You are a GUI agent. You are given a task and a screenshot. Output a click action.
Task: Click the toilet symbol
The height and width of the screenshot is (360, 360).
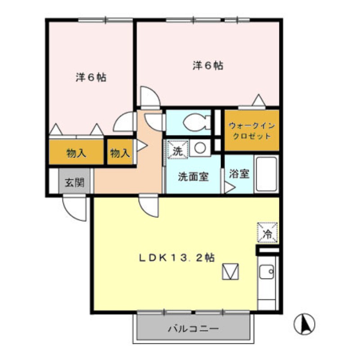pyautogui.click(x=197, y=123)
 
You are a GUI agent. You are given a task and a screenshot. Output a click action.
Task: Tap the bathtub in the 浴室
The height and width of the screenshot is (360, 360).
pyautogui.click(x=266, y=174)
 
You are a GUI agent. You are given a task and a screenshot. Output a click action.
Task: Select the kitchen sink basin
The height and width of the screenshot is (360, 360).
pyautogui.click(x=266, y=272)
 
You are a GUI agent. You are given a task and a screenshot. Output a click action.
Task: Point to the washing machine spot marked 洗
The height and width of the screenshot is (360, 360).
pyautogui.click(x=177, y=150)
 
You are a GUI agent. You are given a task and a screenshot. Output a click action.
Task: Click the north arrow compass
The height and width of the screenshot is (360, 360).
pyautogui.click(x=305, y=324)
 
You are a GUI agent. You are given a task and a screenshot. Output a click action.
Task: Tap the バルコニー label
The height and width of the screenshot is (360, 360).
pyautogui.click(x=193, y=329)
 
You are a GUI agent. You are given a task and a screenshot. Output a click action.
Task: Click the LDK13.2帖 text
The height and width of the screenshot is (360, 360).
pyautogui.click(x=177, y=257)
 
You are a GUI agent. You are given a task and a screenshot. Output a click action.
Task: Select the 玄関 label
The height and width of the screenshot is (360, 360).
pyautogui.click(x=75, y=183)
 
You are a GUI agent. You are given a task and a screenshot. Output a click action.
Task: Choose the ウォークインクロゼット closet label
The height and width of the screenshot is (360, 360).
pyautogui.click(x=252, y=131)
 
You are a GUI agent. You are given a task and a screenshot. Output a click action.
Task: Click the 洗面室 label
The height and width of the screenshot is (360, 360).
pyautogui.click(x=193, y=176)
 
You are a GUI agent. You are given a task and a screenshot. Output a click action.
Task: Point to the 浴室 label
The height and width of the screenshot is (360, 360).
pyautogui.click(x=239, y=174)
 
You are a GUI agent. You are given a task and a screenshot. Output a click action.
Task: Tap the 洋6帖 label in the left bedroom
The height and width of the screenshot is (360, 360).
pyautogui.click(x=91, y=77)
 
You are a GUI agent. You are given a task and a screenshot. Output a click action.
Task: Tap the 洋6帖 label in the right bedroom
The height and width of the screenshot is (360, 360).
pyautogui.click(x=208, y=66)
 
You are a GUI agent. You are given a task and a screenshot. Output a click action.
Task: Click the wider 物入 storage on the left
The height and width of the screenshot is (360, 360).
pyautogui.click(x=76, y=153)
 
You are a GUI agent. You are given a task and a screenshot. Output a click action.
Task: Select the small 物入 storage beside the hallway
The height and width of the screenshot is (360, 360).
pyautogui.click(x=120, y=153)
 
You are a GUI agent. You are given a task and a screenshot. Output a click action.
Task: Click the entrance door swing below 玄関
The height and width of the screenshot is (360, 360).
pyautogui.click(x=75, y=207)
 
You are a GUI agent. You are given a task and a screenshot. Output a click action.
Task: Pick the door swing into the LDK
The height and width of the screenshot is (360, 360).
pyautogui.click(x=149, y=205)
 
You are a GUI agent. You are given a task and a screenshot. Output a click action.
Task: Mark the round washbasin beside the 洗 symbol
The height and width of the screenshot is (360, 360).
pyautogui.click(x=200, y=148)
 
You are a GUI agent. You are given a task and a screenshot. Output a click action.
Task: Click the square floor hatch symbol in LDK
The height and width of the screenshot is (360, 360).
pyautogui.click(x=230, y=271)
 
